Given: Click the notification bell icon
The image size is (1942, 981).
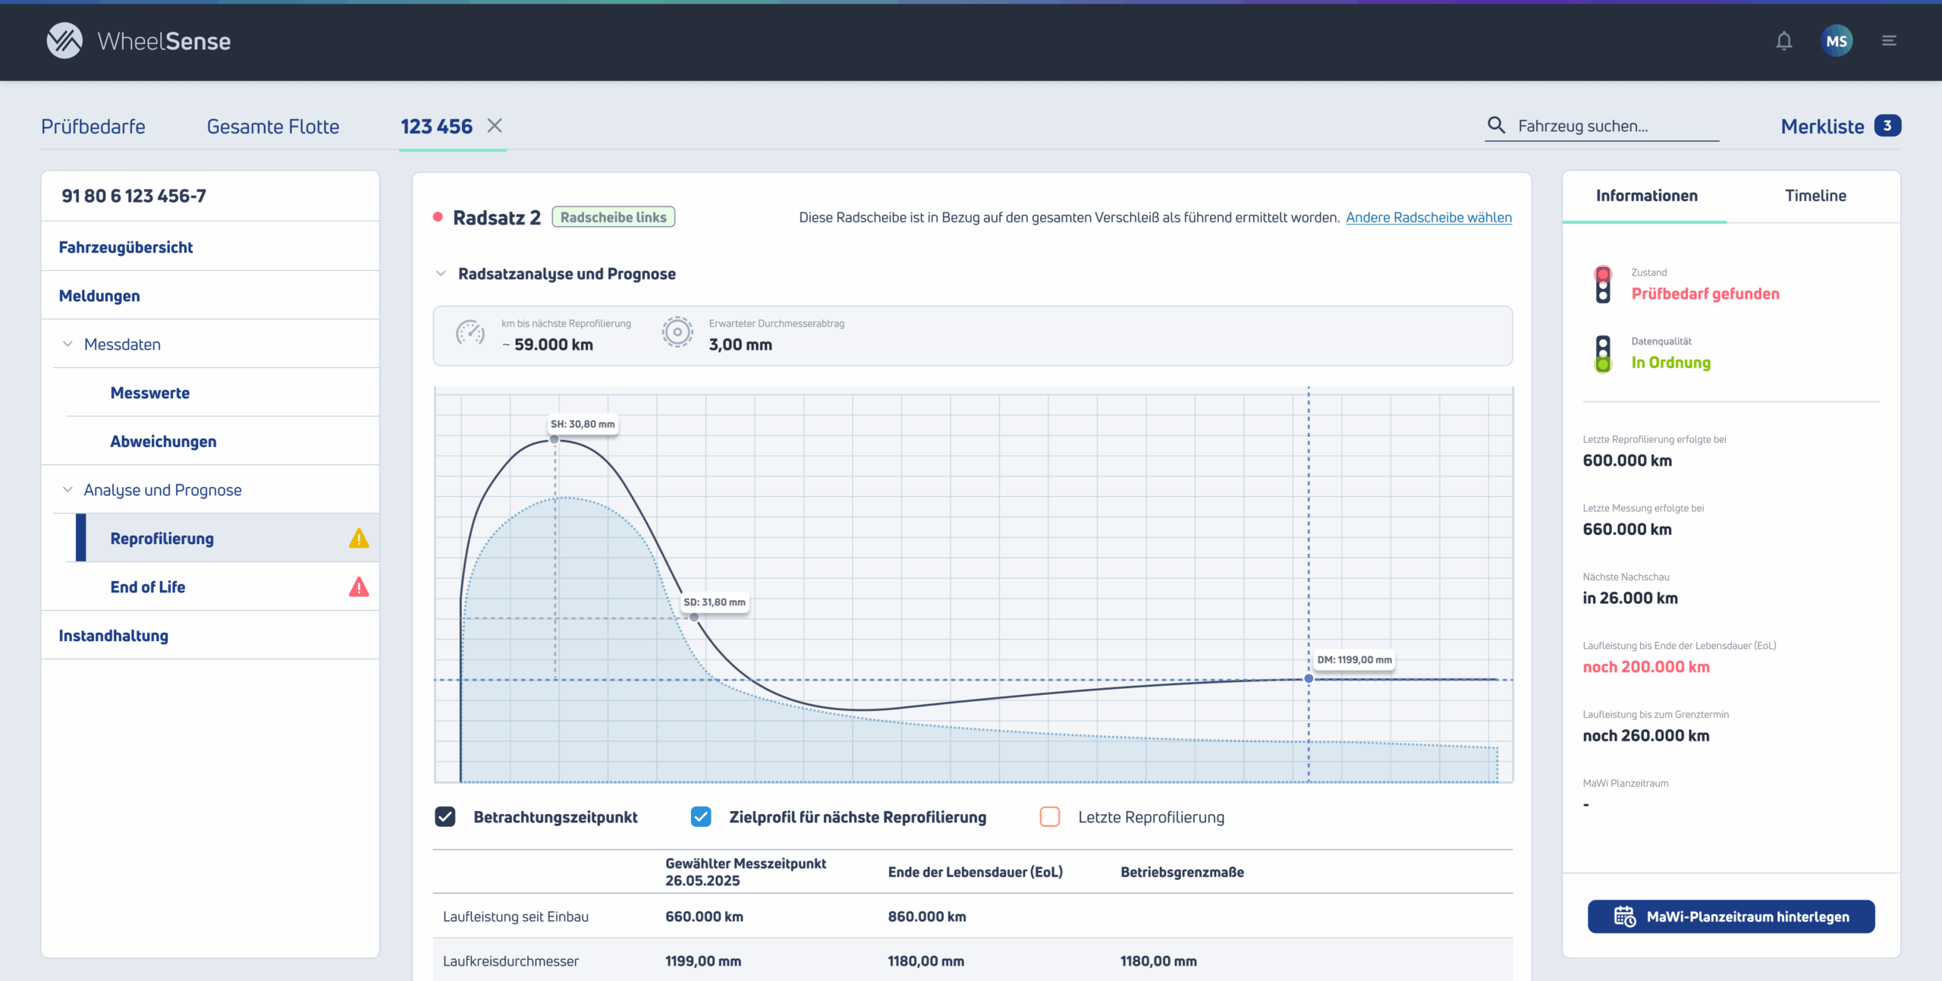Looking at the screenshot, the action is click(1783, 41).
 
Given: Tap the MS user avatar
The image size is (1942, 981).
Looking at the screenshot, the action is click(1837, 41).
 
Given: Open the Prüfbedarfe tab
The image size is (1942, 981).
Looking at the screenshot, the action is click(93, 127).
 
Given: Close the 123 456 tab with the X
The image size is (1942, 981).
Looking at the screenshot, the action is click(495, 126).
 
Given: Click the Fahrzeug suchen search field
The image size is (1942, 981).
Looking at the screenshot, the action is click(1602, 126).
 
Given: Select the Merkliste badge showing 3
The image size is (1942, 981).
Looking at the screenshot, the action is click(1887, 126).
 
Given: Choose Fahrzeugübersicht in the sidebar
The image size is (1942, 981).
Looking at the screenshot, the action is click(126, 247).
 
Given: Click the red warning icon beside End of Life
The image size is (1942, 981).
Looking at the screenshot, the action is click(359, 586).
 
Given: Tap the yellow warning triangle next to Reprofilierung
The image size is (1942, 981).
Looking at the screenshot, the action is click(359, 538).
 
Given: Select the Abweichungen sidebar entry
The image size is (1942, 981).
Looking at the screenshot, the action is click(163, 442).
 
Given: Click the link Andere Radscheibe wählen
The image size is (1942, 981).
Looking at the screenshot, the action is click(1428, 218).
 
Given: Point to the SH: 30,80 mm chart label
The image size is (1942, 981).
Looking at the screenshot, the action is click(583, 424).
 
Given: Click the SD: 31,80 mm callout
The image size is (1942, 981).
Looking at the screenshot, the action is click(715, 602).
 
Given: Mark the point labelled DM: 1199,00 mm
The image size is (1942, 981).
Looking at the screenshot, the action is click(1309, 678).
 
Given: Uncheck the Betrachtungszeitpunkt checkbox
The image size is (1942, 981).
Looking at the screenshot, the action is click(445, 817).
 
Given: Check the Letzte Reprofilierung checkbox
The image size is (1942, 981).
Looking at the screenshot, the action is click(1050, 817).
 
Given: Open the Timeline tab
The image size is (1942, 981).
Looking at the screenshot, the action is click(1815, 196).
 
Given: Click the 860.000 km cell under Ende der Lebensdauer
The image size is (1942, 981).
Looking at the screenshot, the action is click(927, 917).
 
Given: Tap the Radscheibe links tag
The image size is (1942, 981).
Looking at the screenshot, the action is click(613, 218).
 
